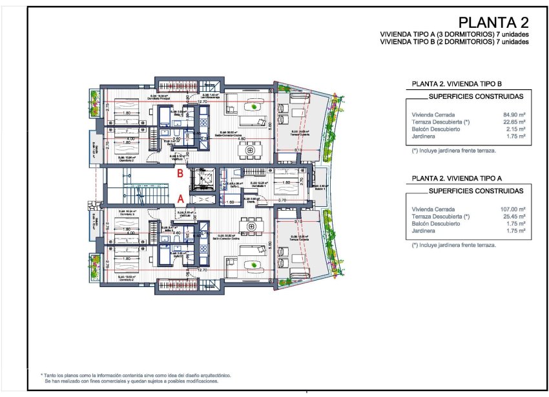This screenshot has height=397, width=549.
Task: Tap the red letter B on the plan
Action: tap(181, 173)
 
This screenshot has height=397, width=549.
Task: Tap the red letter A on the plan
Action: tap(181, 198)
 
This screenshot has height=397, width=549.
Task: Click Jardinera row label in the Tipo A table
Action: tap(424, 231)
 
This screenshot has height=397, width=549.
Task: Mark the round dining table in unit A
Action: tap(249, 226)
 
